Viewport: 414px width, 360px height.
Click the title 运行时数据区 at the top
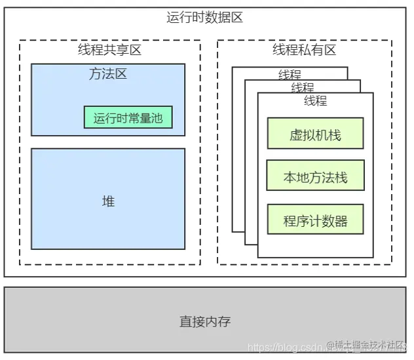(x=205, y=18)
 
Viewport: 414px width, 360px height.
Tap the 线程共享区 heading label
(x=109, y=50)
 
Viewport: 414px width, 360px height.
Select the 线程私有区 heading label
(x=304, y=50)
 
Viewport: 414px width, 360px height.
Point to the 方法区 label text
(x=108, y=74)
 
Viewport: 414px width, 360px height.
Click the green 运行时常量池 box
(x=128, y=118)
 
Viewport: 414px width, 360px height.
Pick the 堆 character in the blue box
(x=108, y=201)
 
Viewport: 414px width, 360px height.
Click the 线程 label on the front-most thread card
(x=315, y=101)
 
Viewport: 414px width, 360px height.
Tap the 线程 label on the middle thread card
(x=302, y=88)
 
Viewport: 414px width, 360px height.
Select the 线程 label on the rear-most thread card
(x=290, y=75)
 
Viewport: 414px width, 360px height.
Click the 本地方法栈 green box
(x=315, y=177)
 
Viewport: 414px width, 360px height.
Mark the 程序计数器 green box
(x=315, y=220)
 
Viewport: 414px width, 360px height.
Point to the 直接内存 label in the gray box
(x=205, y=322)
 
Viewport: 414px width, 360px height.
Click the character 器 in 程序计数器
(x=341, y=220)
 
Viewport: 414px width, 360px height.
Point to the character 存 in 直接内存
(x=225, y=322)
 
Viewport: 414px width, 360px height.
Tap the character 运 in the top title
(x=173, y=18)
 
